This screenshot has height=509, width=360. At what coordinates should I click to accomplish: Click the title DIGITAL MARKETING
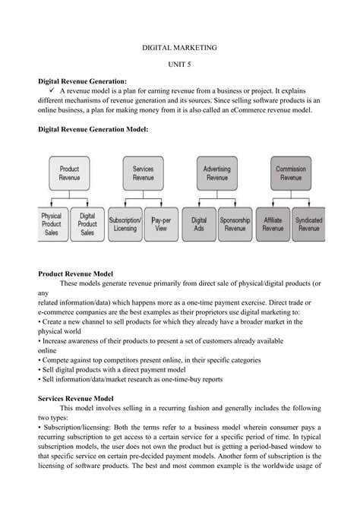click(x=180, y=47)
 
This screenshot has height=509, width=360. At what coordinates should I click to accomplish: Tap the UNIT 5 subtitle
click(x=180, y=65)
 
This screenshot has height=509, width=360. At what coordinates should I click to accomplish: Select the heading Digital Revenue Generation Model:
click(x=93, y=130)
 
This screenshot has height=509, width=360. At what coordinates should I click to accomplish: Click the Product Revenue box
click(x=69, y=172)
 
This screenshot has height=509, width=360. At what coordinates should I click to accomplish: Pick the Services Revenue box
click(x=143, y=172)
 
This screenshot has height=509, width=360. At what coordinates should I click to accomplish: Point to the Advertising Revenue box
click(x=216, y=172)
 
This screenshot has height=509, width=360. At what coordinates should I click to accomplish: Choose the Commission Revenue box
click(x=290, y=172)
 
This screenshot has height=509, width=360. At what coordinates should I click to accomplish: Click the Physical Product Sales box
click(x=51, y=223)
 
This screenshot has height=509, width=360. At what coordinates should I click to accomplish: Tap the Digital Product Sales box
click(x=87, y=223)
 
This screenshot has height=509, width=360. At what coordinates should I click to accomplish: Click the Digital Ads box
click(x=199, y=223)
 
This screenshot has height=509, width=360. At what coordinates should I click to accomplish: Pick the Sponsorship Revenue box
click(x=235, y=223)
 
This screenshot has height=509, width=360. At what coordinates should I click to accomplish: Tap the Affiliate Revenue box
click(x=273, y=223)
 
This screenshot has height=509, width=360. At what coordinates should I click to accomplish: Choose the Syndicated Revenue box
click(x=308, y=223)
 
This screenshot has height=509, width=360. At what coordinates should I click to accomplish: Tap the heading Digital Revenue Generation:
click(x=83, y=80)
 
